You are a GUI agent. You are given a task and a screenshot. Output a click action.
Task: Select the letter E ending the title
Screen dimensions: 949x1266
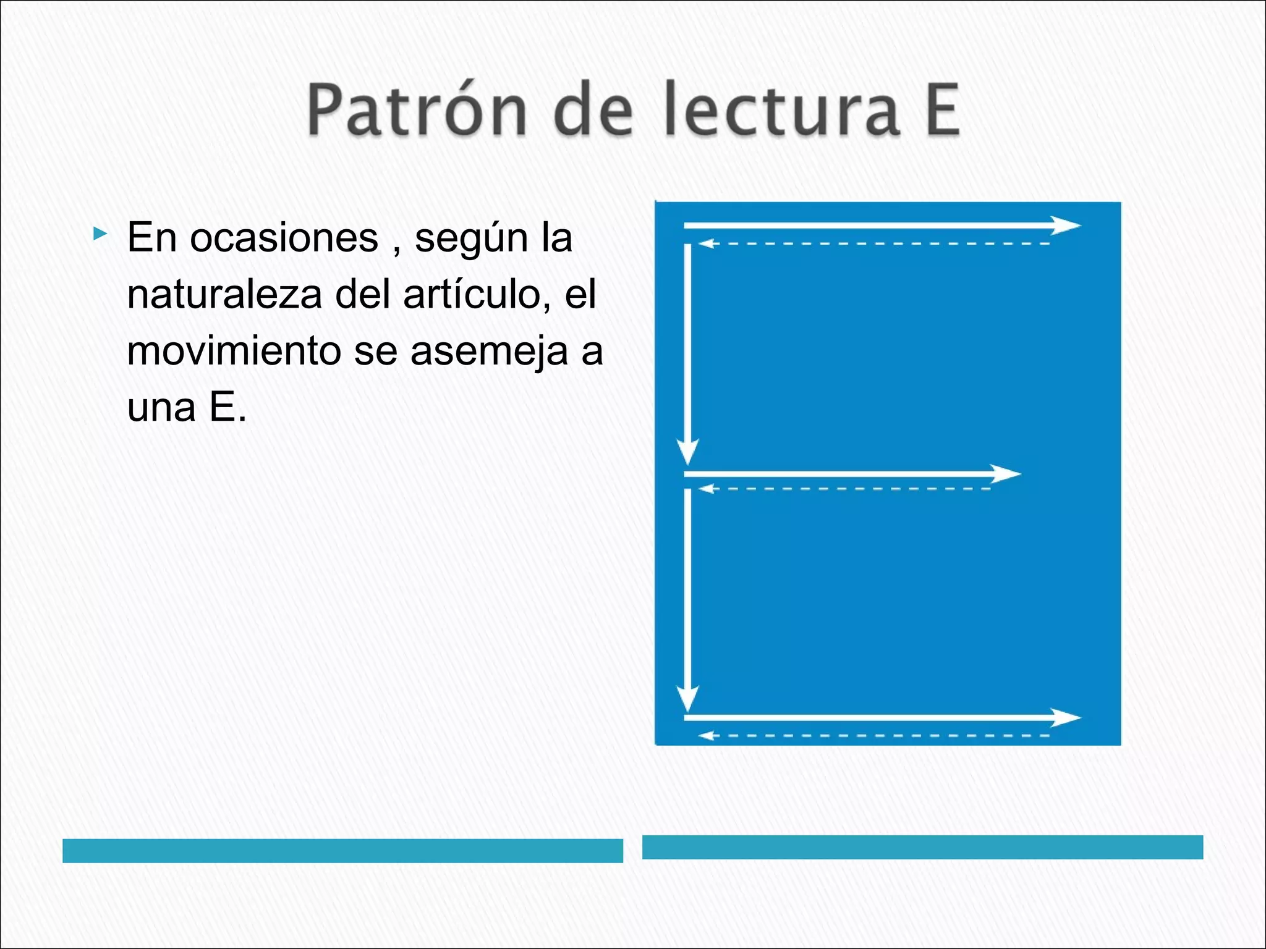[x=941, y=110]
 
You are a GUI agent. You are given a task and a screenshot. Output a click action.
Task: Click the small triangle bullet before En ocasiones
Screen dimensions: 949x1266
[x=100, y=234]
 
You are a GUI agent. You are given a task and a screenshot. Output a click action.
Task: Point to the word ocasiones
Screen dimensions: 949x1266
[x=284, y=238]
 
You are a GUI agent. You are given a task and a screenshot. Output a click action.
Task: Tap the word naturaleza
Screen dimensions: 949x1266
[x=224, y=295]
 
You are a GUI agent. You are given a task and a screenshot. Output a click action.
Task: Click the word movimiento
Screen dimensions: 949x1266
[x=234, y=351]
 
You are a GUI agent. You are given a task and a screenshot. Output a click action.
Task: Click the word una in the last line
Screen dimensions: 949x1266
[x=161, y=408]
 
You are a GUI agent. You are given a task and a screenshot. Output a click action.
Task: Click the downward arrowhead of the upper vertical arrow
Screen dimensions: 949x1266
[x=687, y=451]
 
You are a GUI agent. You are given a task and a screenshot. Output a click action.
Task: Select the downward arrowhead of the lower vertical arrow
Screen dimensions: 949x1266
[x=687, y=698]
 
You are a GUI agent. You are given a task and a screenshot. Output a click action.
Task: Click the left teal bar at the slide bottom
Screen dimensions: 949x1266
[x=342, y=850]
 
